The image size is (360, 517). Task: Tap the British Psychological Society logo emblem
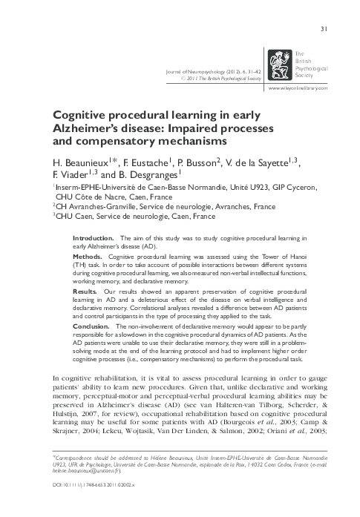click(281, 65)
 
